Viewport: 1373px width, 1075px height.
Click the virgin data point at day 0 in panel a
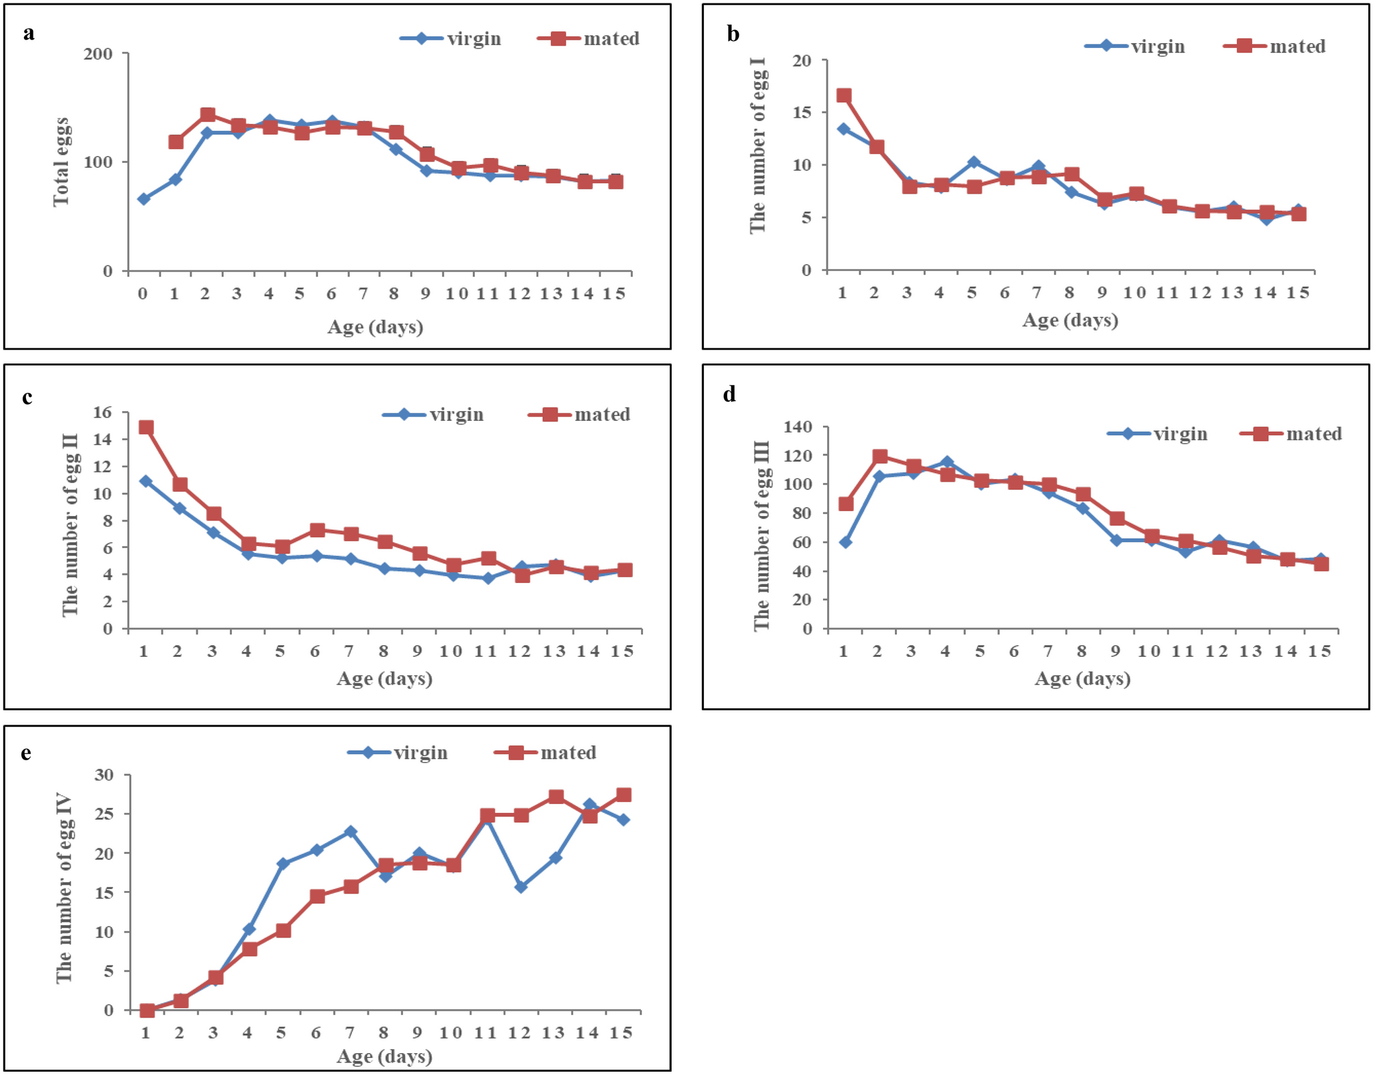pos(143,199)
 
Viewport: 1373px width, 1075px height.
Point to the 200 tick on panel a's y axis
pos(98,54)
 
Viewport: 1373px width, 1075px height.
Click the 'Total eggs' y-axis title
pos(62,161)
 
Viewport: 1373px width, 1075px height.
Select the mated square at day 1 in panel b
pos(844,96)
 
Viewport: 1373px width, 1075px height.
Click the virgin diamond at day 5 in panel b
pos(973,163)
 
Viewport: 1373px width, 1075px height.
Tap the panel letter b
pos(733,34)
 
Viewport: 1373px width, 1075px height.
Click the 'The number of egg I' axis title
pos(758,145)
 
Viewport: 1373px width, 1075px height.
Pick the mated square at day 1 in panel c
pos(146,428)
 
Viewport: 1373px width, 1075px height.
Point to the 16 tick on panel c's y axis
pos(102,413)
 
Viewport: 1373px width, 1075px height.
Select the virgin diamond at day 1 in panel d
pos(846,543)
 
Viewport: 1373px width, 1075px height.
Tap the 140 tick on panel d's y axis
pos(798,427)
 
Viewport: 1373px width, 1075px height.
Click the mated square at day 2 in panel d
pos(880,456)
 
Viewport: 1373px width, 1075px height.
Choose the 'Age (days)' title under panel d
pos(1082,679)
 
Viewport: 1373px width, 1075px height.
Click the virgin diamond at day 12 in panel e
pos(521,887)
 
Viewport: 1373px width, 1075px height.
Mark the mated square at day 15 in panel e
pos(623,795)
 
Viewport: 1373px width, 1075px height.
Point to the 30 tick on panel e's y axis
pos(104,775)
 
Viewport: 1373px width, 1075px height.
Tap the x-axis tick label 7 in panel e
pos(350,1033)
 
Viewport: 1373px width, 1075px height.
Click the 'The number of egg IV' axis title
pos(64,888)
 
